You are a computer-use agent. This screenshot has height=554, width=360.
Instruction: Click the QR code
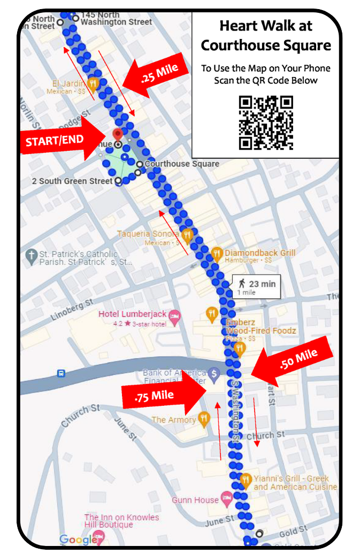click(x=266, y=122)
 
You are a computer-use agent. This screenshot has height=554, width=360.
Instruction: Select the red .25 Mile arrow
click(x=156, y=75)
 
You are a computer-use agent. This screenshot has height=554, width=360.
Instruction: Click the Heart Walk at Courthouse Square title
click(x=266, y=36)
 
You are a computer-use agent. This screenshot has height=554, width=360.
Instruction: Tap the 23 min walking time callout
click(x=257, y=287)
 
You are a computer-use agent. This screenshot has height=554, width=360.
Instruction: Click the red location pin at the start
click(x=118, y=134)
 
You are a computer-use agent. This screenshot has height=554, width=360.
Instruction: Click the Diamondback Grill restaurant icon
click(x=217, y=254)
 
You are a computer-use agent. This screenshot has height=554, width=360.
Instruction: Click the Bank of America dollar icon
click(x=214, y=373)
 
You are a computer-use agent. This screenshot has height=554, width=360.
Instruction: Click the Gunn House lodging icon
click(x=227, y=500)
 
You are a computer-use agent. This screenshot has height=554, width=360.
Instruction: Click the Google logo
click(x=78, y=540)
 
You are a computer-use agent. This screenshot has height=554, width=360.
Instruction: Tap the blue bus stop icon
click(x=62, y=373)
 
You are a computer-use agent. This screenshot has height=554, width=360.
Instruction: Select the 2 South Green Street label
click(x=72, y=181)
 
